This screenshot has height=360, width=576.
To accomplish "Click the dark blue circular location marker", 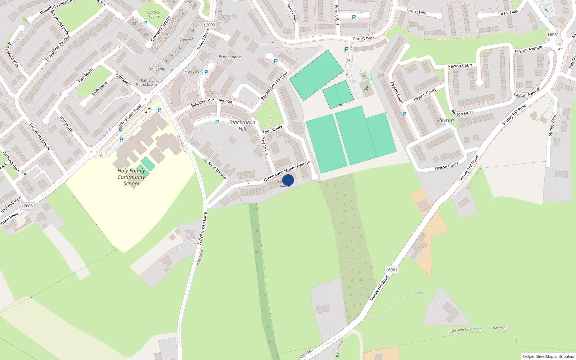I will (x=288, y=180).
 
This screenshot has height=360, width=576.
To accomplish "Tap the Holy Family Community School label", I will (x=131, y=177).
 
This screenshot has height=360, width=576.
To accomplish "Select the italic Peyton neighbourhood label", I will (x=446, y=120).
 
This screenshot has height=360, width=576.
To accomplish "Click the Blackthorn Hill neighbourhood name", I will (x=242, y=125).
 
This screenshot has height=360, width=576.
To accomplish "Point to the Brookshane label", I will (x=230, y=57).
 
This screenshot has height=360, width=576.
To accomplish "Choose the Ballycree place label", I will (x=157, y=69).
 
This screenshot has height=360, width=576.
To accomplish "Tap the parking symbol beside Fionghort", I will (x=206, y=72).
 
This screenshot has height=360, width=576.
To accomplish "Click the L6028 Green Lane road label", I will (x=203, y=229).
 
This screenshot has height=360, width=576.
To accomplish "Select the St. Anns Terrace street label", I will (x=215, y=168).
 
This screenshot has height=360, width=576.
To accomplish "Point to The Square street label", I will (x=273, y=130).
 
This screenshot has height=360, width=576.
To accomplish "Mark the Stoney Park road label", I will (x=552, y=125).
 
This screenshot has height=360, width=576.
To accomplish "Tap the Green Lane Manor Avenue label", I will (x=287, y=171).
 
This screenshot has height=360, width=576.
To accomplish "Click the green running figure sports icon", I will (x=366, y=89).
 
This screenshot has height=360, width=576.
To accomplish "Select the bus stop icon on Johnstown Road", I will (x=120, y=129).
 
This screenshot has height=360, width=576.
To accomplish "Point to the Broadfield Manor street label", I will (x=39, y=136).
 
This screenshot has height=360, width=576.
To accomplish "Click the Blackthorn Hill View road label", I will (x=274, y=85).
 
